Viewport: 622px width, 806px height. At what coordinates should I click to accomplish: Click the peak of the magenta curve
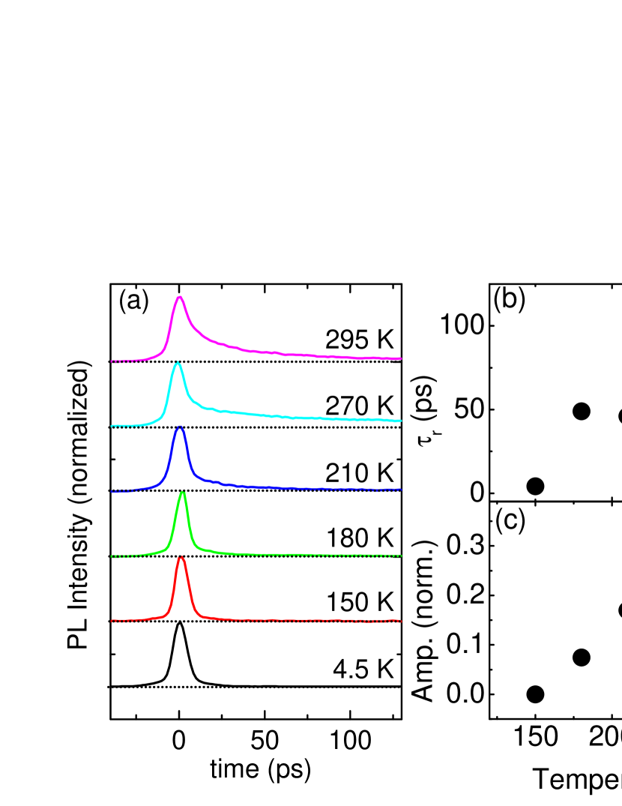179,297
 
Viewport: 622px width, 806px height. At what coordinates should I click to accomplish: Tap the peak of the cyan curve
178,363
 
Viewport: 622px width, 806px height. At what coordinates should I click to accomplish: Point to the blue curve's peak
179,427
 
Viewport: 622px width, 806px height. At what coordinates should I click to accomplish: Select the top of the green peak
182,492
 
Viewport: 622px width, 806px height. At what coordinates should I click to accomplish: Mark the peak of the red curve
181,557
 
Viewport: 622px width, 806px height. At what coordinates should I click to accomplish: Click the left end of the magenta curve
112,361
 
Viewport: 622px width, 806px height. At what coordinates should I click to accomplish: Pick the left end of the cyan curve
112,426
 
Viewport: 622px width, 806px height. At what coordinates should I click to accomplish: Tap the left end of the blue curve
112,491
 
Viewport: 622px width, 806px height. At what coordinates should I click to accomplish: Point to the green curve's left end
112,556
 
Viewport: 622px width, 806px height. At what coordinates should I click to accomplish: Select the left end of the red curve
112,621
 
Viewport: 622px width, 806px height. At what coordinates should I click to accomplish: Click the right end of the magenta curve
401,358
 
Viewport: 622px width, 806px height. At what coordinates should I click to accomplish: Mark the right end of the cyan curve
401,421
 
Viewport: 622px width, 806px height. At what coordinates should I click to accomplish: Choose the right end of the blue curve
401,490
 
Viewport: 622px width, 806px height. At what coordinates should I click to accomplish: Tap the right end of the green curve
401,556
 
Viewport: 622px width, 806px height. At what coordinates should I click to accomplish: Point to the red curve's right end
401,621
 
